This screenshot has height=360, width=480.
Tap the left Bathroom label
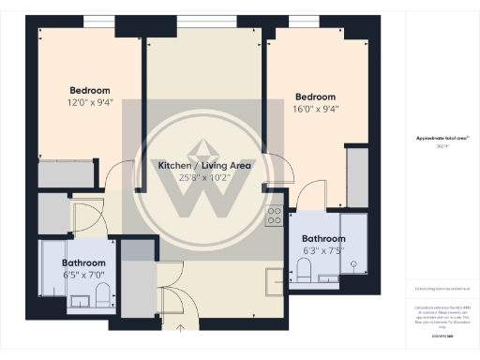click(82, 263)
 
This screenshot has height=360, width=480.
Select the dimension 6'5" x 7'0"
click(82, 276)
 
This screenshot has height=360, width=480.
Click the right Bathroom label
click(325, 238)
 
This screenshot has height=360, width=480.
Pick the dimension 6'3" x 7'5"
click(325, 250)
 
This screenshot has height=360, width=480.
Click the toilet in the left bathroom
click(103, 296)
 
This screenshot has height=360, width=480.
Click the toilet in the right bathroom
click(305, 271)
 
